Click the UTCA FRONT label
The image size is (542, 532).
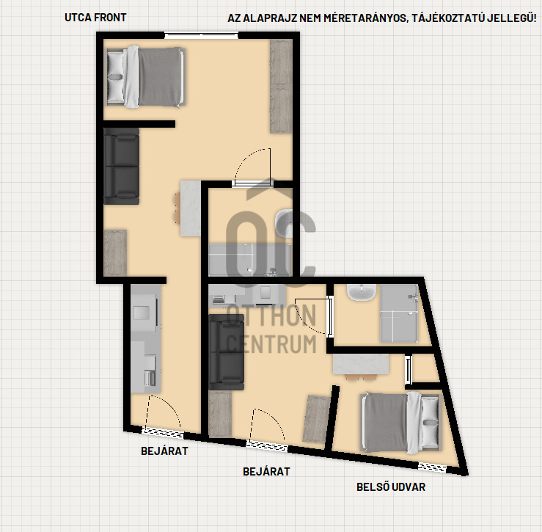point(95,18)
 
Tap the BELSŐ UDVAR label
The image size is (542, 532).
point(391,487)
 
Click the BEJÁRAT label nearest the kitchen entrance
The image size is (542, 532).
point(164,451)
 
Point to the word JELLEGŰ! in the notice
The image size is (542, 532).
point(512,18)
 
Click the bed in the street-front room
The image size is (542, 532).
point(146,77)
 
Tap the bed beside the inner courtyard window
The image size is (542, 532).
point(400,423)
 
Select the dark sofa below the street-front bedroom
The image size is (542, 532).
point(121,166)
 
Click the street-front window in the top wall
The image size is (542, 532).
point(201,35)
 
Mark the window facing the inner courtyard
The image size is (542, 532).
point(432,467)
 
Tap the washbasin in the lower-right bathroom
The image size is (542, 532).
point(362,292)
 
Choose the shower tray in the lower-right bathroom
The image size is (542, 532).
point(399,313)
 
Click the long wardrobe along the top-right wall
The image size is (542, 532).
point(281,86)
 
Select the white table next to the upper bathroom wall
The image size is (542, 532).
point(191,208)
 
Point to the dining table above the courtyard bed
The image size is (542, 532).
point(361,364)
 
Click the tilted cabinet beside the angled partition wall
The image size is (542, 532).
point(316,419)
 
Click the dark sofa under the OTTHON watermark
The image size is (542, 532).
point(227,352)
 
